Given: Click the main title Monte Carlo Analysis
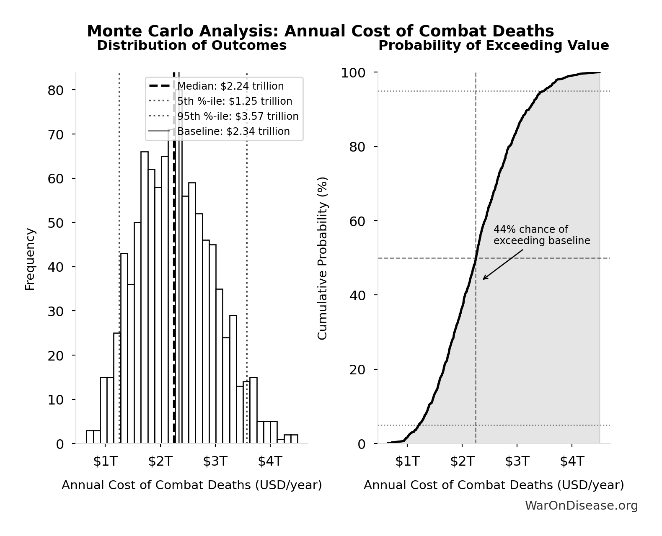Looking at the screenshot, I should click(x=320, y=31).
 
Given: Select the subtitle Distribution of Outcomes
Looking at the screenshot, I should click(x=191, y=45).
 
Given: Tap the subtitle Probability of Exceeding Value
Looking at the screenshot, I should click(x=494, y=45).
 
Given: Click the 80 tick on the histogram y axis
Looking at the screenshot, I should click(x=56, y=90).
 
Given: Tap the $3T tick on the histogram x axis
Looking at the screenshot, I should click(x=215, y=461).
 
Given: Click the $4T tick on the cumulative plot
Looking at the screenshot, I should click(x=572, y=461).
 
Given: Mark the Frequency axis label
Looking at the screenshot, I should click(x=30, y=259).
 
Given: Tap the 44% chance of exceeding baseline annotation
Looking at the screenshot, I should click(x=541, y=235).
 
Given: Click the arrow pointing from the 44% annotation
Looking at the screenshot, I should click(x=503, y=265).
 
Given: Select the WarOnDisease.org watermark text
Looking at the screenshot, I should click(x=581, y=506).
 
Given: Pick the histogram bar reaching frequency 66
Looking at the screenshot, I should click(x=144, y=297).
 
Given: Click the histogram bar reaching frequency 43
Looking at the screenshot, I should click(x=124, y=348).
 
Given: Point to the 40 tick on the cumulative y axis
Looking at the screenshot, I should click(x=357, y=295).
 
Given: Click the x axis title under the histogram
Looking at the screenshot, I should click(x=191, y=485).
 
